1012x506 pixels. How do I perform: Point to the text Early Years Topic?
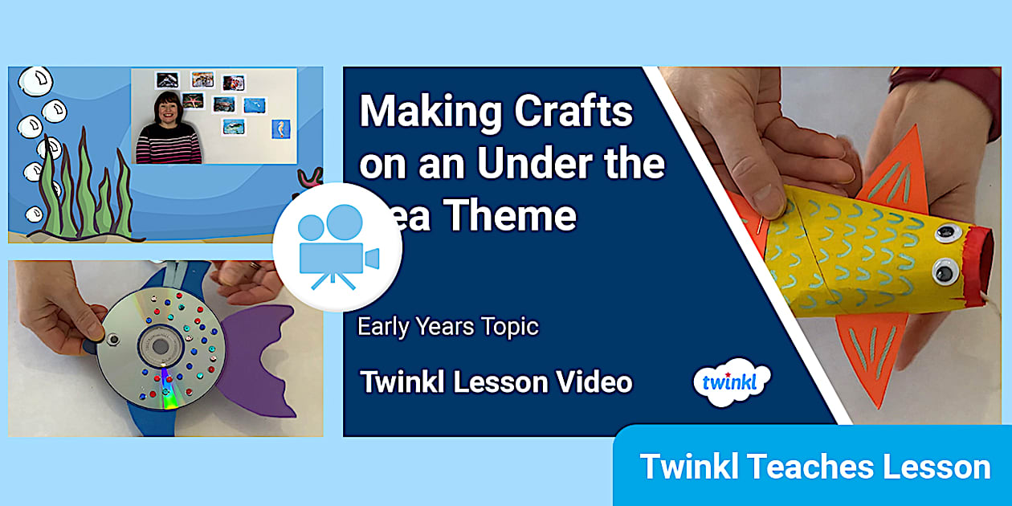tap(447, 327)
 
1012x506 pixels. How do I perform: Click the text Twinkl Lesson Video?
tap(496, 382)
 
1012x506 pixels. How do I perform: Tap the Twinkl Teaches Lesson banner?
tap(814, 467)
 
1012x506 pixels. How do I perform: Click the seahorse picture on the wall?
tap(280, 129)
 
